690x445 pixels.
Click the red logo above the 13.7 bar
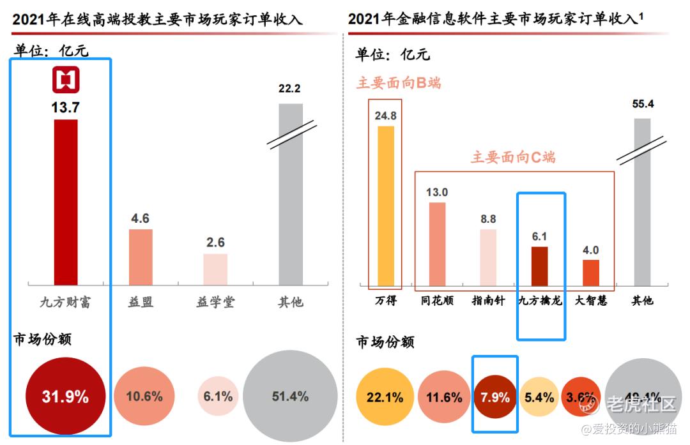pos(65,80)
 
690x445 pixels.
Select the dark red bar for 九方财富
pos(65,201)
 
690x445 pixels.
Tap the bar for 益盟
pos(141,257)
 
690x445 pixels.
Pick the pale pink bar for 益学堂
pos(215,269)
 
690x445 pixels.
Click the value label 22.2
pos(289,89)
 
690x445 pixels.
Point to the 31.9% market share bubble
pos(65,396)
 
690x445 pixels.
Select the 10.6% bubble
pos(144,396)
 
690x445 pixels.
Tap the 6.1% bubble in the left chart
pos(218,396)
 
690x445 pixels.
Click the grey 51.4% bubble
pos(290,396)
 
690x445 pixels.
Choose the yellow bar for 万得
pos(386,205)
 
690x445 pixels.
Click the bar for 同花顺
pos(437,243)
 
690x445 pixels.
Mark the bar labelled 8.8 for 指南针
pos(488,257)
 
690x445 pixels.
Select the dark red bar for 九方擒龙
pos(540,265)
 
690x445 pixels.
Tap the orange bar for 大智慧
pos(591,272)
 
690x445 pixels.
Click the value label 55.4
pos(642,104)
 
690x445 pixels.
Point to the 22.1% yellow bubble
pos(385,398)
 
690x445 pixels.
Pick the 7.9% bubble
pos(495,398)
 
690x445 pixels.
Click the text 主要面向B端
pos(399,83)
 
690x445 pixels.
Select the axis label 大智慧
pos(591,300)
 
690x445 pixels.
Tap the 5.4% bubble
pos(539,398)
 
